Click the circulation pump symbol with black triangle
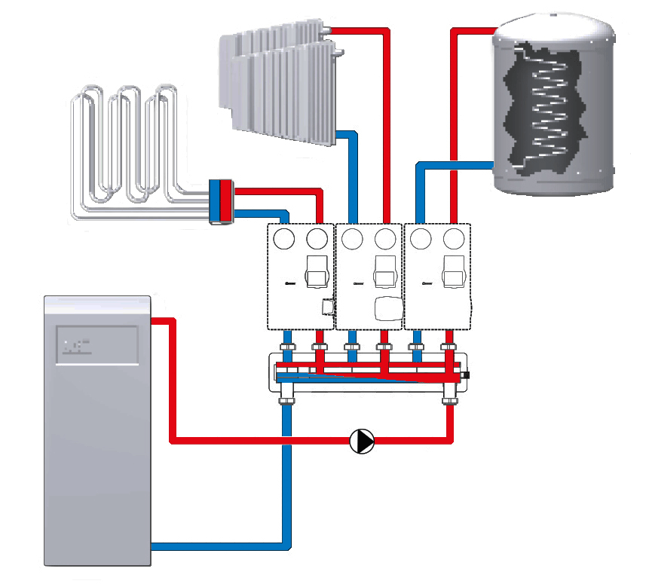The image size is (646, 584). pos(363,441)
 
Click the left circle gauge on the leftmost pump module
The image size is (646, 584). pos(284,240)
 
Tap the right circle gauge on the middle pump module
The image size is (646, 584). pos(385,240)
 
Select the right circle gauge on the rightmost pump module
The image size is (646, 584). pos(453,240)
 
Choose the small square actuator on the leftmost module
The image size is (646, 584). pos(326,307)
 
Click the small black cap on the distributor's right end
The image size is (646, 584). pos(467,375)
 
